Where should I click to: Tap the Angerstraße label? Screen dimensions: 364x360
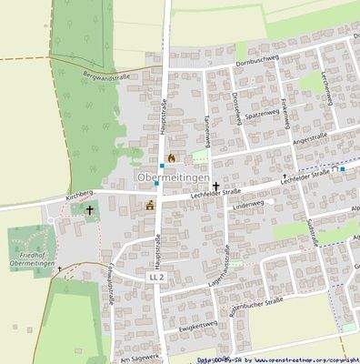click(307, 138)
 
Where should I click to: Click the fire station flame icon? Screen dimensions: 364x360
click(170, 157)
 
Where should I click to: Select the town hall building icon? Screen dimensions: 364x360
click(149, 205)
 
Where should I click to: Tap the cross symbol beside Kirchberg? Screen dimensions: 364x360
click(89, 210)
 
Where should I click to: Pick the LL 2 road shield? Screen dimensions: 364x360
click(156, 276)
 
